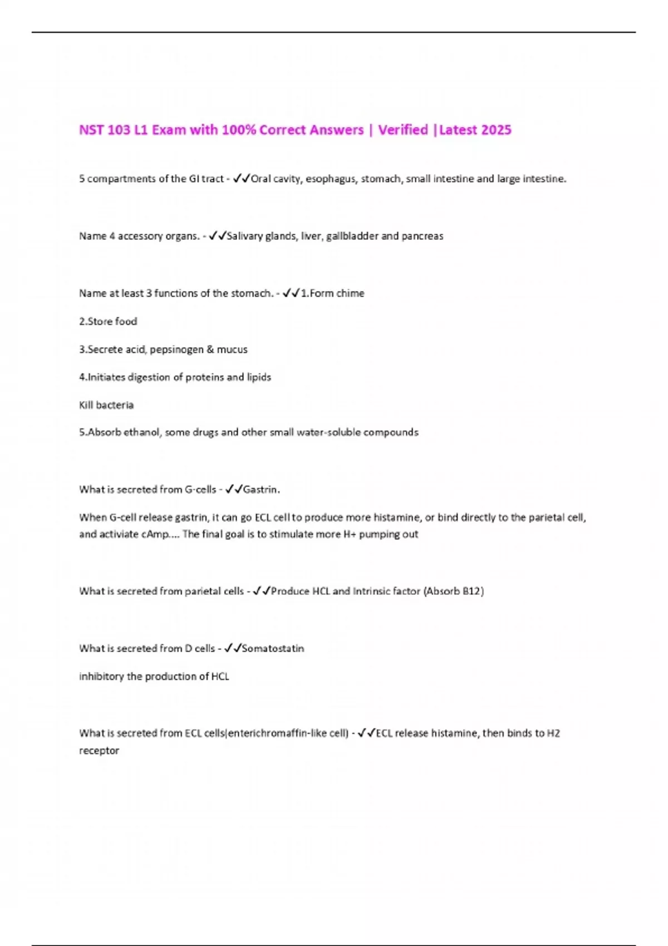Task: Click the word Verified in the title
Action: (x=403, y=130)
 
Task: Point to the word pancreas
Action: (x=422, y=236)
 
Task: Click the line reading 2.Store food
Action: (x=108, y=321)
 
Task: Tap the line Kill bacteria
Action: (x=106, y=405)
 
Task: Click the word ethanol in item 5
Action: (x=141, y=432)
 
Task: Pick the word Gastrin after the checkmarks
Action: (x=261, y=490)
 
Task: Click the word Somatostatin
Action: (x=273, y=648)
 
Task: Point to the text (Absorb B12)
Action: (x=454, y=591)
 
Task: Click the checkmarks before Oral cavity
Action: (x=242, y=179)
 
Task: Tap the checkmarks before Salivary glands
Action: (x=217, y=236)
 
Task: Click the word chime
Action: (x=350, y=293)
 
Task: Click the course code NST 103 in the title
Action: (x=104, y=130)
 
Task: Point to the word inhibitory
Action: (x=101, y=677)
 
